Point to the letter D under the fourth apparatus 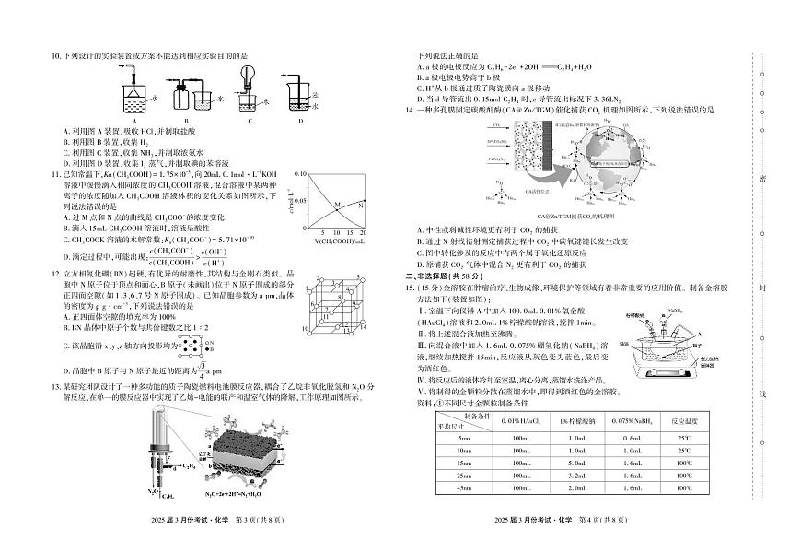[x=300, y=121]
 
